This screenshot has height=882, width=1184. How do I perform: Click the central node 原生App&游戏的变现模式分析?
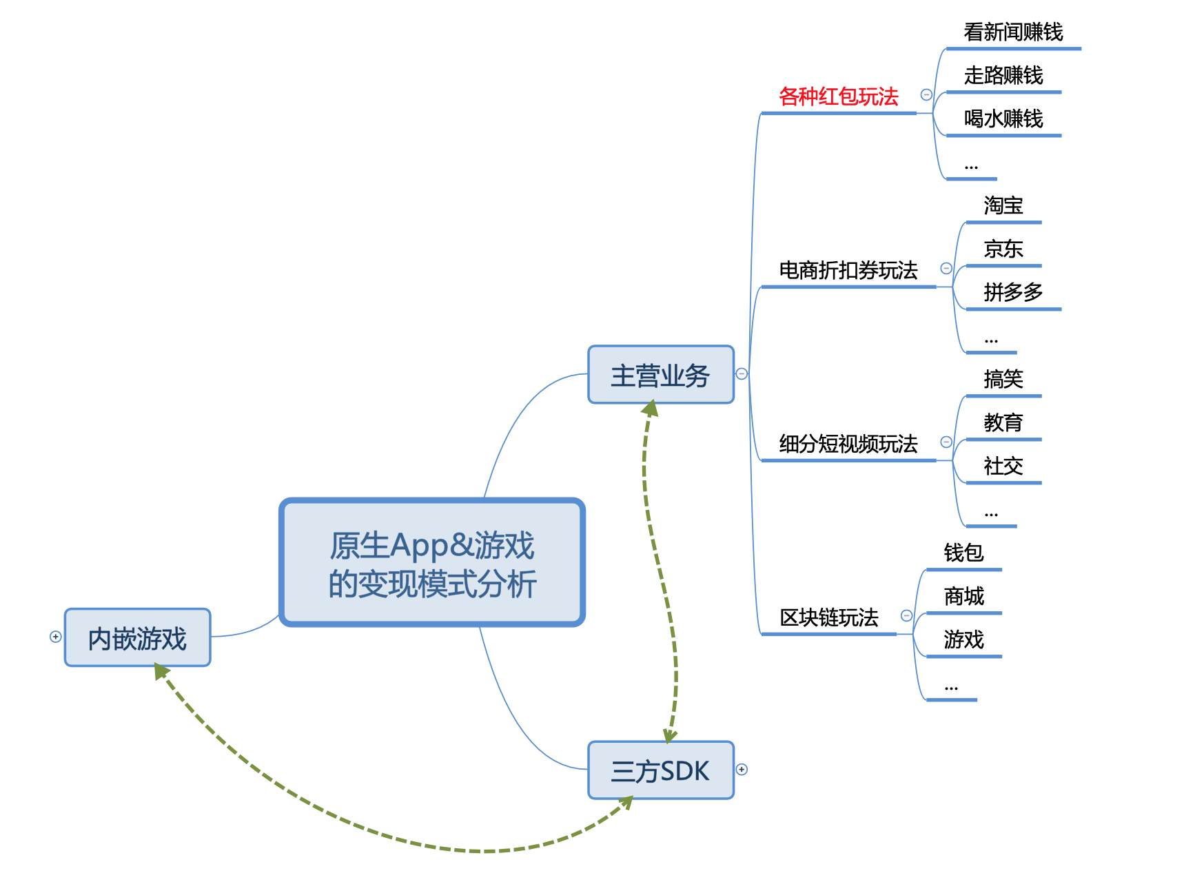pos(432,562)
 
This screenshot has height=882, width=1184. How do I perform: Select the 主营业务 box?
pos(661,374)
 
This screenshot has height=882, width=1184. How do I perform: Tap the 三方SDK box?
pos(661,770)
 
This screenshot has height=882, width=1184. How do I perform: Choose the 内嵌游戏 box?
pos(138,637)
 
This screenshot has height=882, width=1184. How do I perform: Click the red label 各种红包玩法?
pos(839,96)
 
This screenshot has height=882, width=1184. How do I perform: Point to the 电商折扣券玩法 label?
pos(848,270)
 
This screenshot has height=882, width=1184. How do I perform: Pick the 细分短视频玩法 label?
pos(848,444)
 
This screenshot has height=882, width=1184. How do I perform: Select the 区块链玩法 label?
pos(829,617)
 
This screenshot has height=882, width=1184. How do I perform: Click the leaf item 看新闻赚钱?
pos(1013,32)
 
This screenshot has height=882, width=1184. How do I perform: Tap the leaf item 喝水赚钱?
pos(1003,119)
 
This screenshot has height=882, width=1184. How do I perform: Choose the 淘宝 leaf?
pos(1003,205)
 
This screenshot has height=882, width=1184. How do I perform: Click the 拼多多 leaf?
pos(1013,292)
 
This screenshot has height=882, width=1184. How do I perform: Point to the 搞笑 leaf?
pos(1003,379)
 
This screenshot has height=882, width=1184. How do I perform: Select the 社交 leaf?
pos(1003,466)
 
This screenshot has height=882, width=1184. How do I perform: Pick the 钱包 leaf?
pos(963,553)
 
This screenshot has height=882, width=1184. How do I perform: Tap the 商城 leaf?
pos(963,596)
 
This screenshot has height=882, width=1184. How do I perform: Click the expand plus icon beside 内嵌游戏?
pos(56,637)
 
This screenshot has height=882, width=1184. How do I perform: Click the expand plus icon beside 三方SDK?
pos(742,770)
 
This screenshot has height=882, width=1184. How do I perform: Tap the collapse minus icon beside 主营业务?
pos(742,373)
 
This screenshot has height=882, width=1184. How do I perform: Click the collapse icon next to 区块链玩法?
pos(907,615)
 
